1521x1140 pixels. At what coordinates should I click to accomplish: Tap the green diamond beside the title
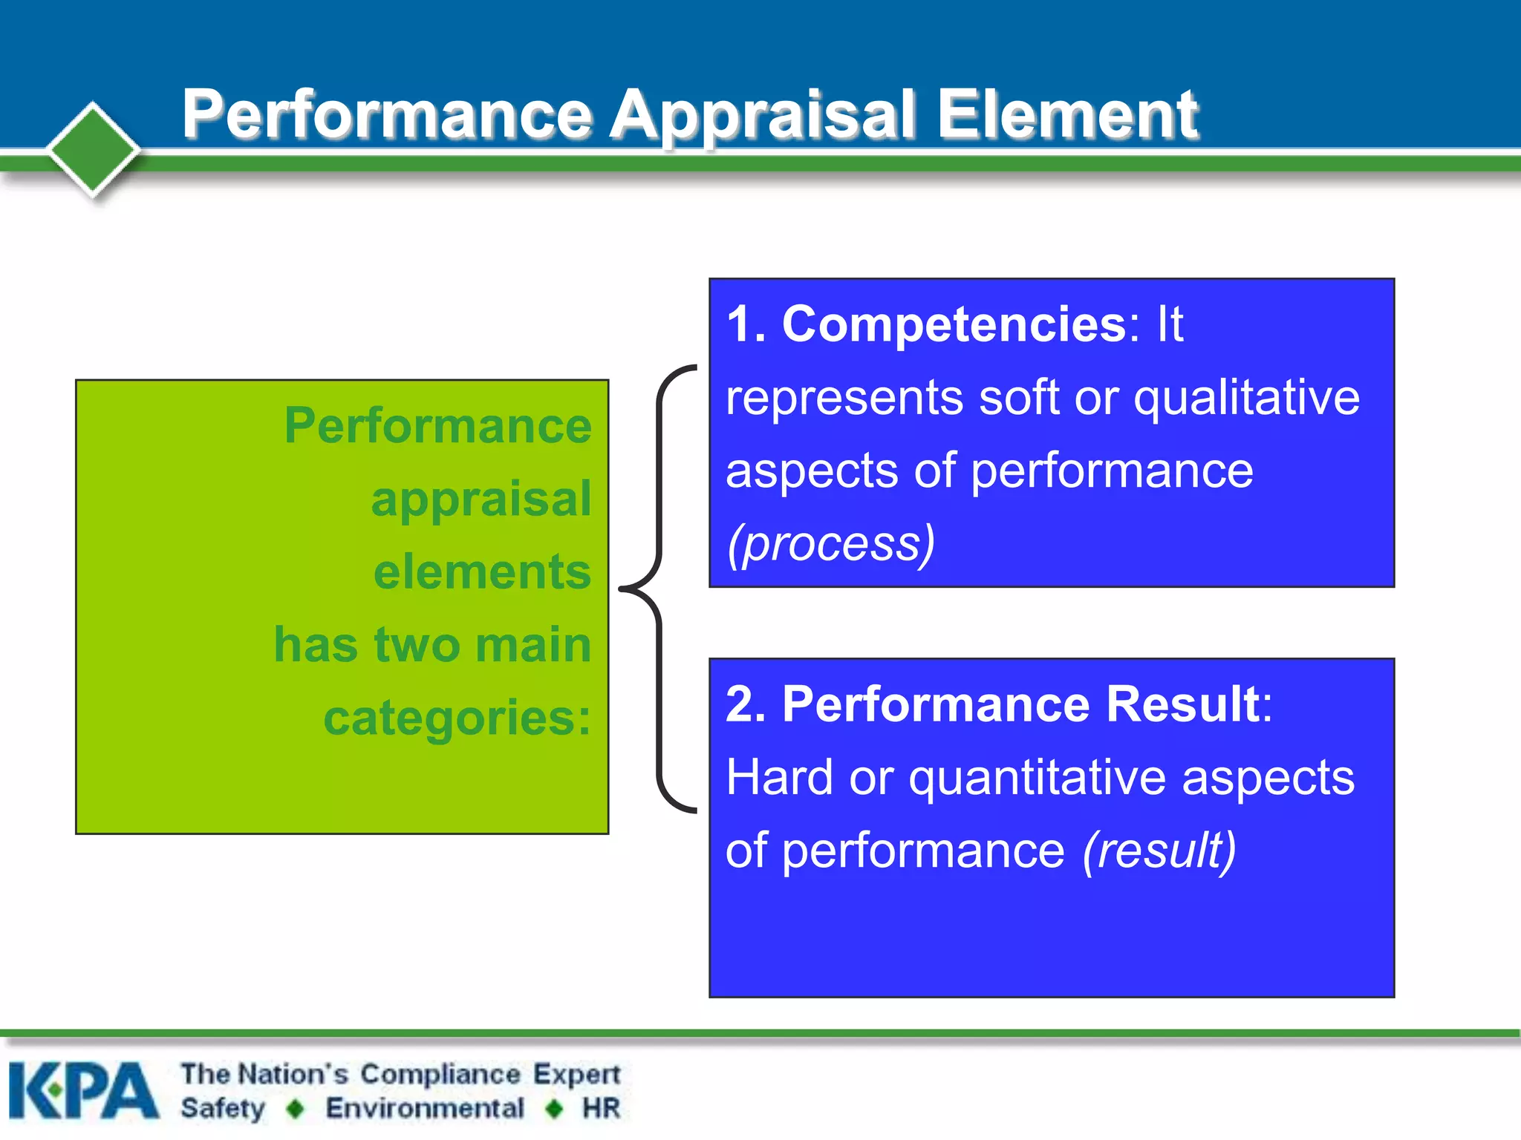click(93, 149)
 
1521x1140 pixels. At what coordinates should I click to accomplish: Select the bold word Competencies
click(954, 324)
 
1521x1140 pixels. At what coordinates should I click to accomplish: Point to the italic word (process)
click(830, 544)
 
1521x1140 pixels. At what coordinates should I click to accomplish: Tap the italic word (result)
click(1159, 851)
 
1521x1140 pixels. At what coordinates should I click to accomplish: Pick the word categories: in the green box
click(457, 718)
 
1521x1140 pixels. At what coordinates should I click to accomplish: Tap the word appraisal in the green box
click(481, 499)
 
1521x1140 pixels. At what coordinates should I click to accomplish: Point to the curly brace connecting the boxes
click(657, 589)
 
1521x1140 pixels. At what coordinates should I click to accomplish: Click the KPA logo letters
click(83, 1090)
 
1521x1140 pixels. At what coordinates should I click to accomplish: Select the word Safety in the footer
click(223, 1108)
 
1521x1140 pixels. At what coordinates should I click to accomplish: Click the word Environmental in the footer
click(425, 1108)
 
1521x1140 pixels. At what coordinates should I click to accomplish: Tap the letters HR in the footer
click(601, 1108)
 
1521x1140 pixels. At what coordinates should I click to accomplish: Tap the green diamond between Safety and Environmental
click(296, 1109)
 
